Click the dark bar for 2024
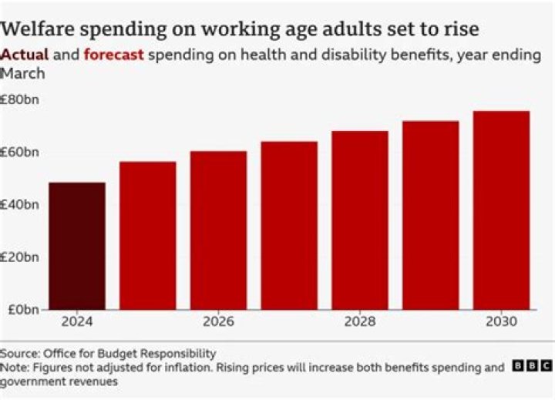(76, 246)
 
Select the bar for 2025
(147, 236)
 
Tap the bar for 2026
(218, 230)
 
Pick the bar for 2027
(289, 226)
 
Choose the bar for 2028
(360, 220)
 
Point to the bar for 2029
(430, 215)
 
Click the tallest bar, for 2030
(501, 210)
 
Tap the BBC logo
(531, 366)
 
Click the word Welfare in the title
(39, 29)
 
